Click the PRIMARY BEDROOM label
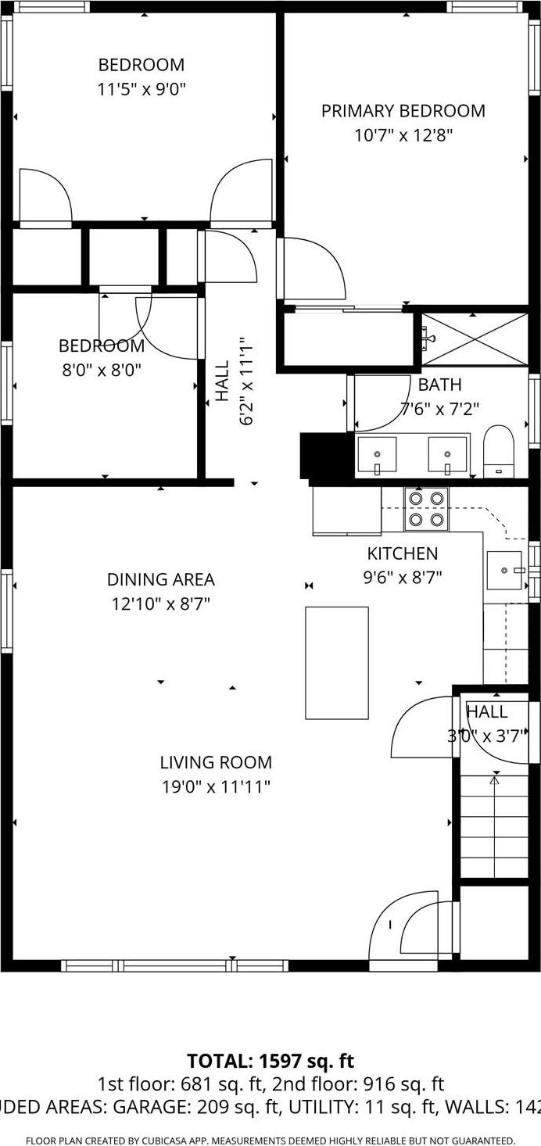(403, 111)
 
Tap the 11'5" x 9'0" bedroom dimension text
(142, 89)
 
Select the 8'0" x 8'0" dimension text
(102, 369)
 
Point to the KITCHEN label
(403, 553)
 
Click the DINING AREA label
(160, 579)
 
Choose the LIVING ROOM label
(216, 762)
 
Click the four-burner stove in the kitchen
(426, 509)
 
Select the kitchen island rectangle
(336, 662)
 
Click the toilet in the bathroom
(497, 450)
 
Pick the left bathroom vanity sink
(376, 455)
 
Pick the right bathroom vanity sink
(447, 455)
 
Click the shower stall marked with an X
(475, 338)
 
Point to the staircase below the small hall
(494, 825)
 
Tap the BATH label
(439, 385)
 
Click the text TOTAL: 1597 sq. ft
(270, 1061)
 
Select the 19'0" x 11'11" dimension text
(216, 786)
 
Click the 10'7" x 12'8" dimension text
(403, 135)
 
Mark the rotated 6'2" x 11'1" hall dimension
(246, 381)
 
